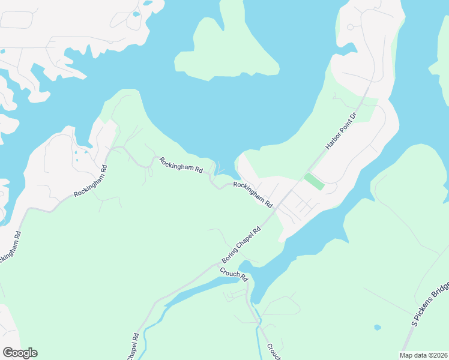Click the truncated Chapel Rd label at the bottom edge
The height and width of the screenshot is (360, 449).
[x=133, y=347]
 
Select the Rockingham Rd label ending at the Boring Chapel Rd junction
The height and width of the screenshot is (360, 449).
[x=253, y=194]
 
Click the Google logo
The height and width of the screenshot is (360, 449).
[x=20, y=353]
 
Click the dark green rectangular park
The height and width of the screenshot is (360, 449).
[x=314, y=181]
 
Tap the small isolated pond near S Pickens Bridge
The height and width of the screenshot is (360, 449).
[x=376, y=328]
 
